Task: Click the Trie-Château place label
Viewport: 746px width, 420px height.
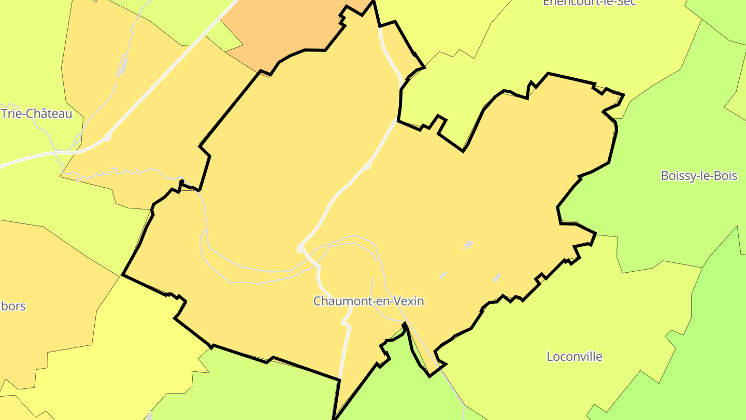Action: [36, 113]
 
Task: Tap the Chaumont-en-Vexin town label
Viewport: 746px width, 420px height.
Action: [368, 301]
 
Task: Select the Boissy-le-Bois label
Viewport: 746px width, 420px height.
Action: [698, 176]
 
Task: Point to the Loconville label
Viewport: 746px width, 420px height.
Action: [575, 357]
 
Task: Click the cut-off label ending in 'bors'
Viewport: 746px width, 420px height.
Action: [12, 306]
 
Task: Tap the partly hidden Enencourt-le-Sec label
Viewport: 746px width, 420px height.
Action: [589, 3]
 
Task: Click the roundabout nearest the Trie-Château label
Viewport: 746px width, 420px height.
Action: [107, 137]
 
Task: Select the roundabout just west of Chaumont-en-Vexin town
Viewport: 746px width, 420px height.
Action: [300, 249]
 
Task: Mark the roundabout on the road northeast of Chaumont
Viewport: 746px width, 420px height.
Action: [367, 166]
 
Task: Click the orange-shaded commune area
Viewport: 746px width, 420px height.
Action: [280, 31]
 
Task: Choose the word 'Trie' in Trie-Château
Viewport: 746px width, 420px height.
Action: [12, 113]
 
